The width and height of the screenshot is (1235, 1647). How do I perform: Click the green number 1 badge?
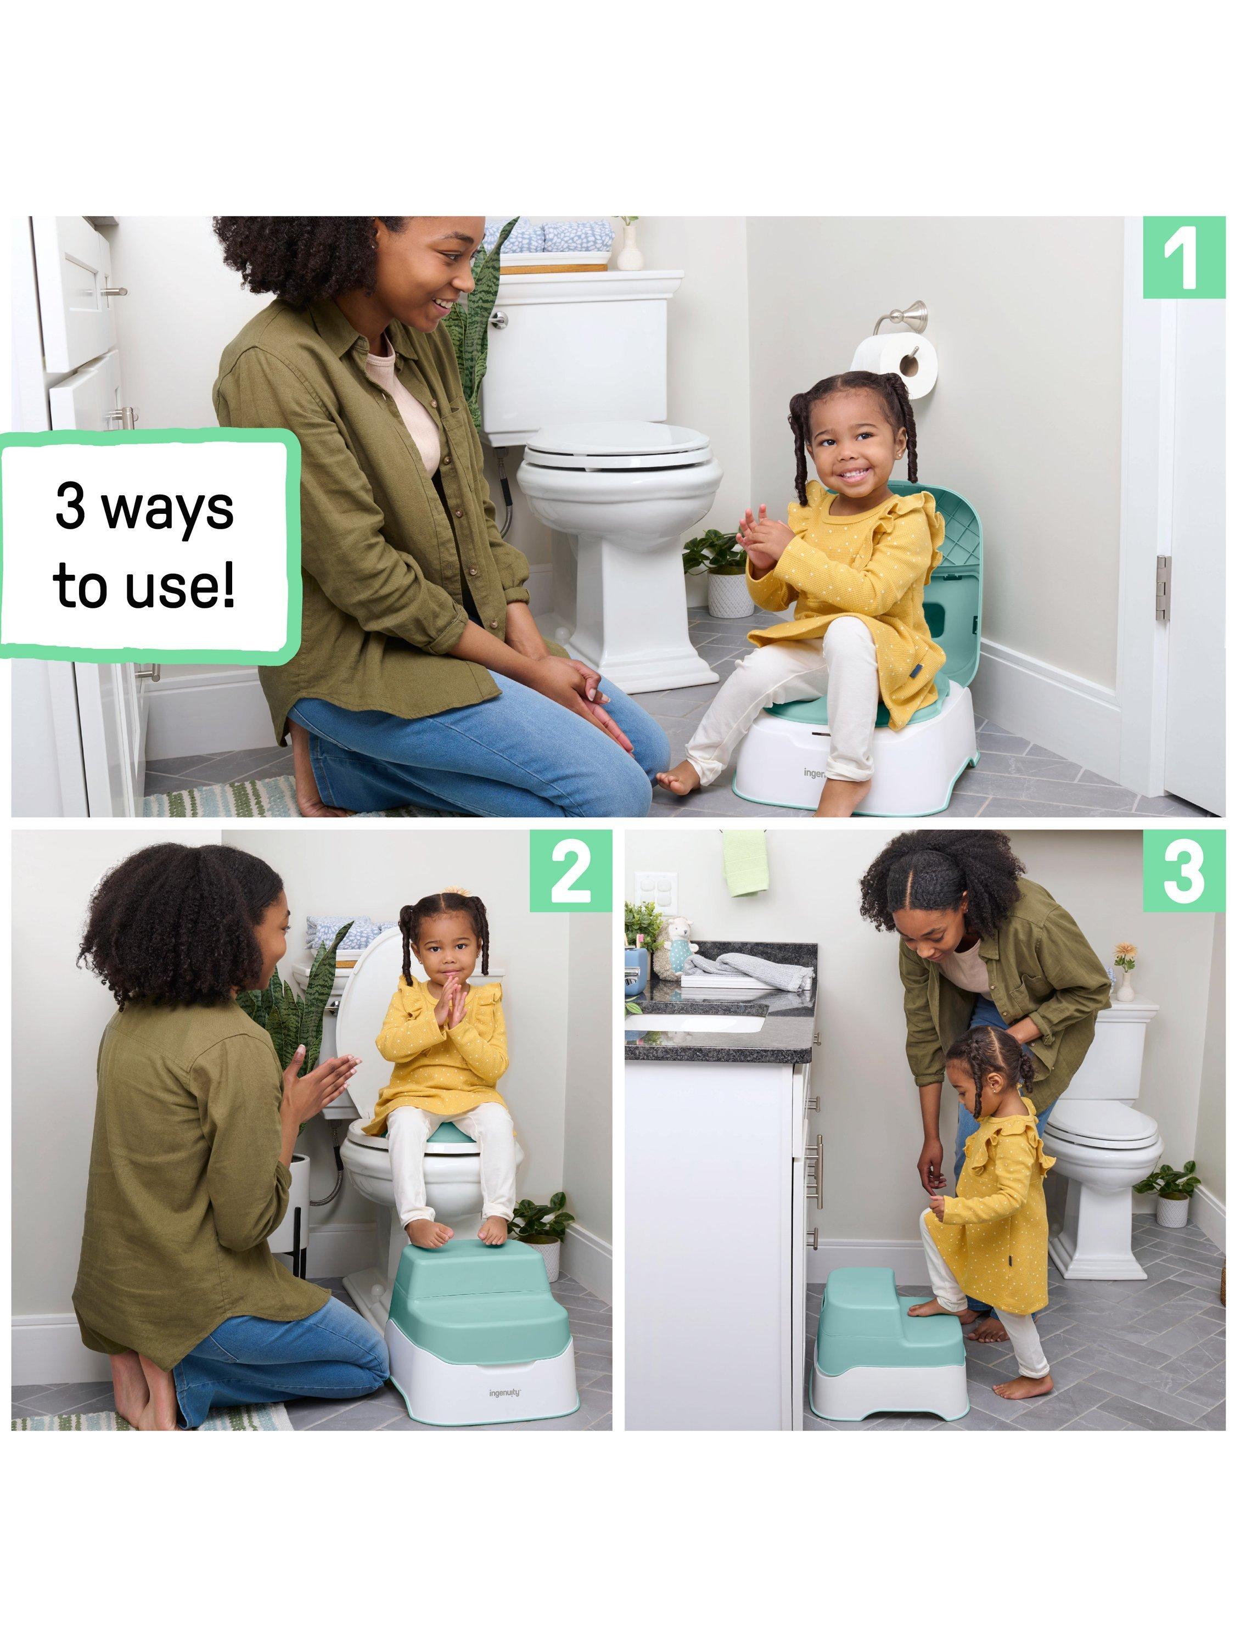click(x=1183, y=257)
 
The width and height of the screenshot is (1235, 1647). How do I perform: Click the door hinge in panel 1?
click(x=1162, y=587)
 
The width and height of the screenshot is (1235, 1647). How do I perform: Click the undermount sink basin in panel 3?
click(x=694, y=1018)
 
